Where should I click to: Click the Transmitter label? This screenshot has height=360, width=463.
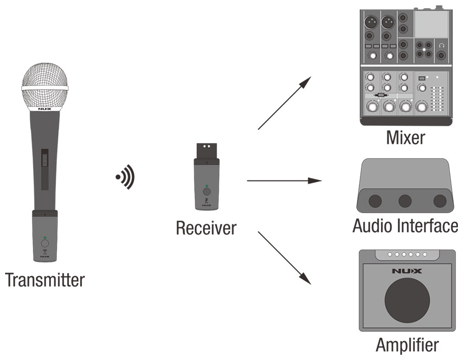[x=45, y=280]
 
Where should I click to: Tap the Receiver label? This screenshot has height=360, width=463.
[x=206, y=228]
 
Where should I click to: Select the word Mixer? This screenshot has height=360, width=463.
[x=406, y=138]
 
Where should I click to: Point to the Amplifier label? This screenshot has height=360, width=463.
[x=407, y=345]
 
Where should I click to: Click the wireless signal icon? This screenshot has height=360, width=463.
[x=125, y=177]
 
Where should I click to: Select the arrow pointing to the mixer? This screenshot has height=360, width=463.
[x=285, y=103]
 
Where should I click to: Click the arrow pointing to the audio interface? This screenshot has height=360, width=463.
[x=284, y=181]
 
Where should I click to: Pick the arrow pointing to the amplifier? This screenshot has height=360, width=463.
[x=285, y=258]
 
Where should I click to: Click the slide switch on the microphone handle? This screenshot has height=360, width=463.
[x=44, y=169]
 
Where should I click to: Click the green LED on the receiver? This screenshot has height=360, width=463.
[x=206, y=186]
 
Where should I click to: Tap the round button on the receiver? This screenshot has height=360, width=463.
[x=206, y=192]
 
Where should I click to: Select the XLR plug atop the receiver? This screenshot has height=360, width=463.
[x=206, y=151]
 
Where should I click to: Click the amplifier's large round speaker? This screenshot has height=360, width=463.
[x=407, y=300]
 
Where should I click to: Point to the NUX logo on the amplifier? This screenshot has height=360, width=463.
[x=407, y=271]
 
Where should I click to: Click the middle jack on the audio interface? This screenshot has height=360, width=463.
[x=405, y=201]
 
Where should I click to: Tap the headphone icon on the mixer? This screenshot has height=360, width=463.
[x=442, y=46]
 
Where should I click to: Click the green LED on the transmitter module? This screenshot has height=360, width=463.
[x=44, y=238]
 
